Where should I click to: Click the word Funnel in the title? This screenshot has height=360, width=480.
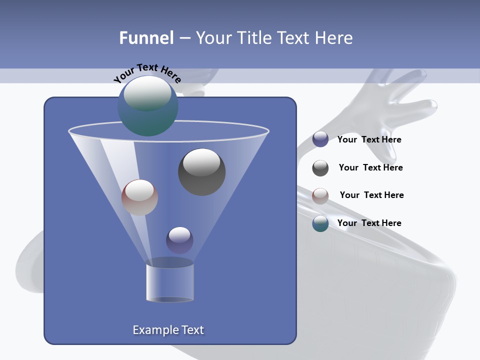146,38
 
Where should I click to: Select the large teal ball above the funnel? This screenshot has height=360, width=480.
147,106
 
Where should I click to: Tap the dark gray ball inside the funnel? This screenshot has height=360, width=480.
201,171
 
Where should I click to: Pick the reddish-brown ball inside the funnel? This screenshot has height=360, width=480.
139,197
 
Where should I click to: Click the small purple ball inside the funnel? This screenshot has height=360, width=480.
179,240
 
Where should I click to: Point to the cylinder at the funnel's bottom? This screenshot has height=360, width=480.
169,282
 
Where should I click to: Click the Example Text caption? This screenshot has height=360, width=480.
168,330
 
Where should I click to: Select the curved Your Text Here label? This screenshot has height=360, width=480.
147,73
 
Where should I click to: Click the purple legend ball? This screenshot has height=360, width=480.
320,139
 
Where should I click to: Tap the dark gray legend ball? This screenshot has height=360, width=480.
320,168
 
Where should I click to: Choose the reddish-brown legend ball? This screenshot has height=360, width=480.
320,196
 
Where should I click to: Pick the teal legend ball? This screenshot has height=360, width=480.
320,223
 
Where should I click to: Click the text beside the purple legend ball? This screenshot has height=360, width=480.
369,140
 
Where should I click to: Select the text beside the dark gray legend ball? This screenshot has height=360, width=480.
370,167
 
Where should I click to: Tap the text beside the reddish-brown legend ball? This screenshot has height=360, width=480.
371,195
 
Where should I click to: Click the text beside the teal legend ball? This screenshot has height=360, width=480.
369,223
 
